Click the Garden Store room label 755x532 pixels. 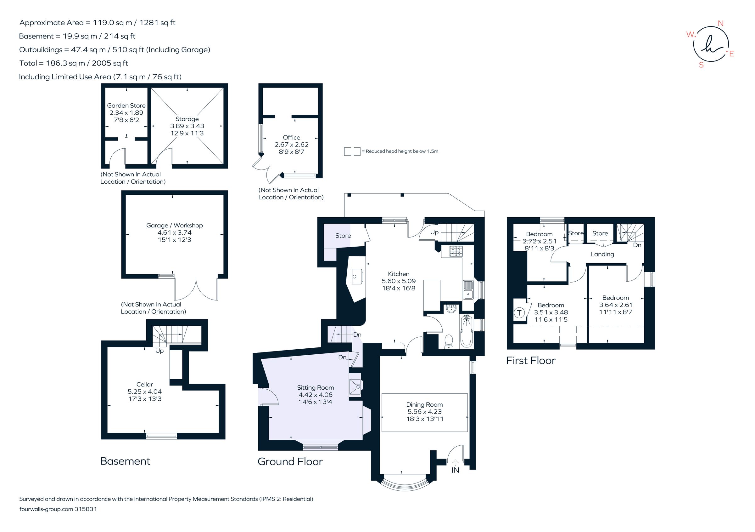point(126,105)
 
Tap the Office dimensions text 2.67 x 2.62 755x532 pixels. point(291,145)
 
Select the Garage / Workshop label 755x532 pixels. point(174,225)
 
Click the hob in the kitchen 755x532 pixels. point(456,251)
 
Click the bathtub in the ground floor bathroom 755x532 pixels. point(466,331)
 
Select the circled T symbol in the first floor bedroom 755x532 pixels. point(519,313)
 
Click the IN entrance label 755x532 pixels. point(455,470)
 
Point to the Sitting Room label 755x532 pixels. point(315,387)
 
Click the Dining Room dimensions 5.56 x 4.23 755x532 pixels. point(424,411)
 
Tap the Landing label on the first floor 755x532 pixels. point(602,254)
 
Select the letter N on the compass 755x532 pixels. point(720,23)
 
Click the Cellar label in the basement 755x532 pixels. point(145,384)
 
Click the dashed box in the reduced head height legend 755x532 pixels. point(352,152)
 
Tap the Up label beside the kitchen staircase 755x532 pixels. point(434,232)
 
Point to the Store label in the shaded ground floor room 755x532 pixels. point(343,236)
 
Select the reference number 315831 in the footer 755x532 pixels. point(86,509)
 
